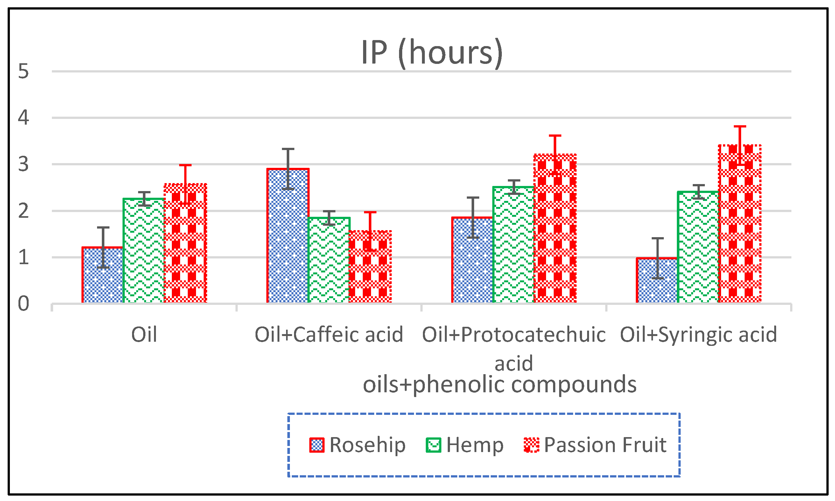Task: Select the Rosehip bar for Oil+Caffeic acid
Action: coord(288,236)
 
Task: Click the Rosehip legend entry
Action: coord(358,445)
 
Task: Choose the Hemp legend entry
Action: coord(465,445)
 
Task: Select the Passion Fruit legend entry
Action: coord(595,445)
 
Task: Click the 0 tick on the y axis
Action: coord(23,304)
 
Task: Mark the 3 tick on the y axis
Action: coord(23,164)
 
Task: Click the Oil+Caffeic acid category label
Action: coord(329,334)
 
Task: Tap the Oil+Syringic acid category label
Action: coord(698,334)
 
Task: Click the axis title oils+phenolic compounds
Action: coord(500,385)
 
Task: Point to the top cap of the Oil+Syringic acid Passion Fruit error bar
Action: coord(740,127)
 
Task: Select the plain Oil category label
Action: coord(144,334)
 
